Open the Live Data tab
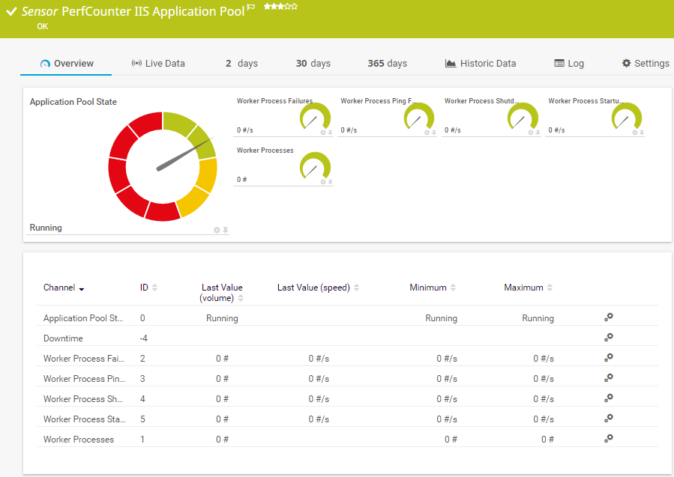tap(158, 64)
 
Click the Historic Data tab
tap(480, 64)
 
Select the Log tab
tap(569, 64)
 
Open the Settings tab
tap(646, 64)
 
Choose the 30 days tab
tap(313, 64)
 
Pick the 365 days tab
tap(388, 64)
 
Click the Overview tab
tap(67, 64)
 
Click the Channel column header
tap(59, 288)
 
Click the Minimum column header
tap(428, 288)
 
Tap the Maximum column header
tap(523, 288)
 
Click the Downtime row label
tap(63, 338)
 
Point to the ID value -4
tap(143, 338)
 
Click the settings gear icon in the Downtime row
tap(608, 338)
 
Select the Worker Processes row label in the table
tap(79, 440)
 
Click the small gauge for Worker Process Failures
tap(315, 116)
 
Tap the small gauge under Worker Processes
tap(315, 165)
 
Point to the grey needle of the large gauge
tap(185, 154)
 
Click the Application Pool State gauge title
tap(73, 102)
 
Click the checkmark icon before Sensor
tap(11, 11)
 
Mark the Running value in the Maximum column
tap(538, 318)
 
